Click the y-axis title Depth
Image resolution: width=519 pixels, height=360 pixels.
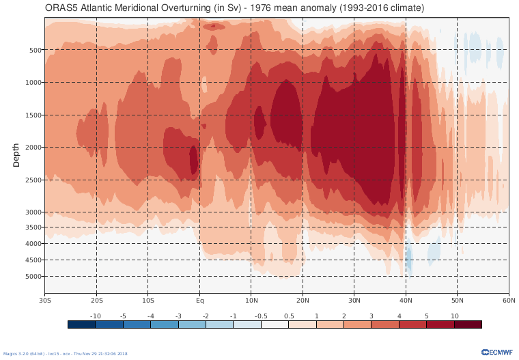(16, 155)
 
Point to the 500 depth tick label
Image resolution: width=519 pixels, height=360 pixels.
(36, 50)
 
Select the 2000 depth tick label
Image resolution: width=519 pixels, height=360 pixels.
(35, 147)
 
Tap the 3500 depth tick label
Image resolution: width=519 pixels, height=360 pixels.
(35, 227)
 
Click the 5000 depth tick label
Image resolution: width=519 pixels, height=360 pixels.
(35, 277)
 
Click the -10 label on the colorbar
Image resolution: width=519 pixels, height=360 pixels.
(96, 316)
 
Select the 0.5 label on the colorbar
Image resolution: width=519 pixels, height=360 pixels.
(288, 316)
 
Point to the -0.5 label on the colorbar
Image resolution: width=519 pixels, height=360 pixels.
(261, 316)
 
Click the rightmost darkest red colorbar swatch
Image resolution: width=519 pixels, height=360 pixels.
(468, 325)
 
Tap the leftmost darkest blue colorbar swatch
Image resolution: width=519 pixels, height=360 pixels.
(81, 325)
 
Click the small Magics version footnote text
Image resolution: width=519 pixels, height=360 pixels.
(65, 354)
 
